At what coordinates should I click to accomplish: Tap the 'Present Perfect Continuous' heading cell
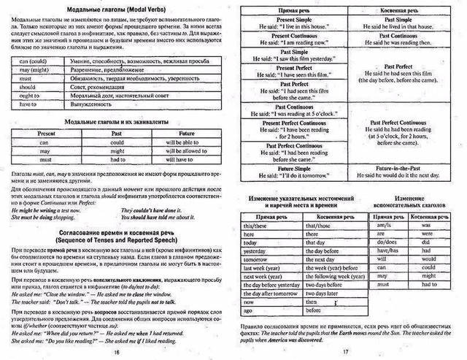click(293, 123)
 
